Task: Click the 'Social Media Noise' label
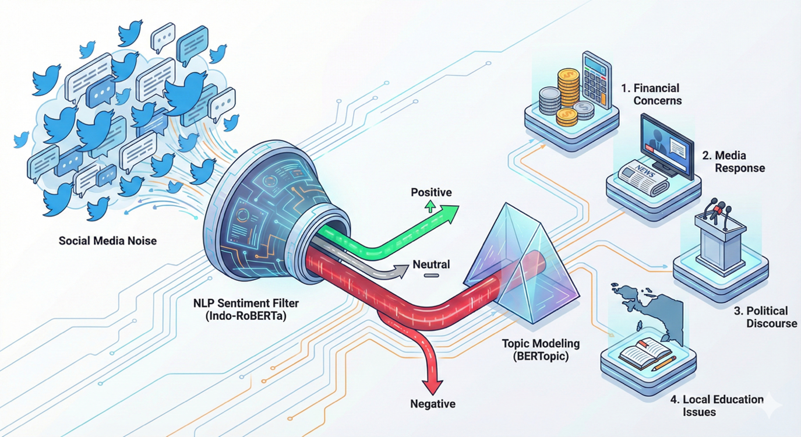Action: pyautogui.click(x=108, y=240)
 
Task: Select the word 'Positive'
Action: pyautogui.click(x=431, y=192)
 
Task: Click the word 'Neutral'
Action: pyautogui.click(x=431, y=265)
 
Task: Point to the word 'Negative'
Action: pyautogui.click(x=433, y=403)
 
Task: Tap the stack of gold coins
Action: pyautogui.click(x=567, y=87)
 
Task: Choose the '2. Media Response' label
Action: pyautogui.click(x=732, y=162)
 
